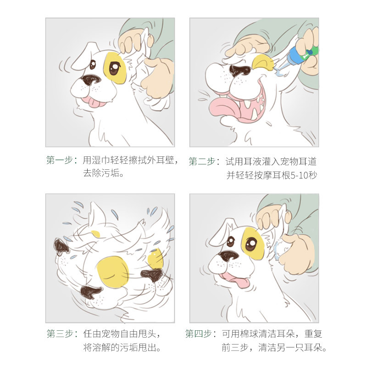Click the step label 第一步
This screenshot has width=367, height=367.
tap(60, 160)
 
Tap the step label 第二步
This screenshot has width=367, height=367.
tap(202, 161)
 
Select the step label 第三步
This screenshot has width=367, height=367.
tap(60, 334)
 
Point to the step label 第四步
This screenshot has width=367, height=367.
tap(199, 334)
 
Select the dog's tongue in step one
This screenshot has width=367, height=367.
tap(94, 102)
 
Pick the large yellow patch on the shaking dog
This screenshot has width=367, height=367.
tap(112, 272)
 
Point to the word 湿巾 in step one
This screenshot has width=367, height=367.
tap(101, 160)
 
